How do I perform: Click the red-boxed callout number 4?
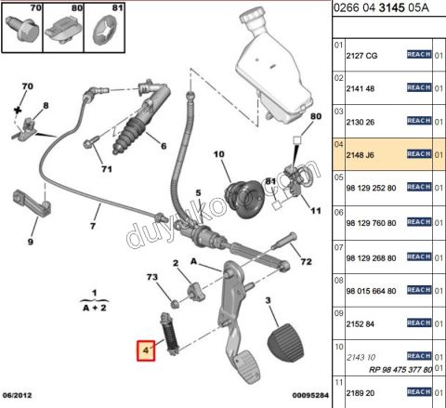tap(146, 350)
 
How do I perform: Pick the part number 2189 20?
tap(363, 394)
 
